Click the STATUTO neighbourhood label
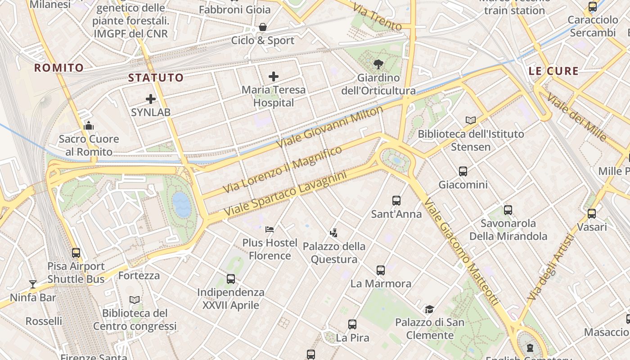point(156,78)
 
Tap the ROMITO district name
point(59,68)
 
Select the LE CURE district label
point(553,71)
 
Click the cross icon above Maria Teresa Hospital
point(273,76)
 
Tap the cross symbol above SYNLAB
point(151,99)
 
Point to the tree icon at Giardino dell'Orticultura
point(378,64)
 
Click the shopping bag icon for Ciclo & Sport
point(263,27)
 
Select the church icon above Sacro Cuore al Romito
point(89,126)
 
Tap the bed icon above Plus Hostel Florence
point(270,229)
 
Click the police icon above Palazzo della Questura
point(333,233)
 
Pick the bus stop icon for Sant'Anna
point(396,201)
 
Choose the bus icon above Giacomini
point(463,171)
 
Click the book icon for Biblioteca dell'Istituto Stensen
point(471,121)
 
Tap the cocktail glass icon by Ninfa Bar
point(33,284)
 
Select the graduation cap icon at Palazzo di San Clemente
point(429,309)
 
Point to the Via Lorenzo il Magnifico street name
point(283,170)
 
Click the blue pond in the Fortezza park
point(182,205)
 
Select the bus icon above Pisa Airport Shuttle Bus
point(76,253)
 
